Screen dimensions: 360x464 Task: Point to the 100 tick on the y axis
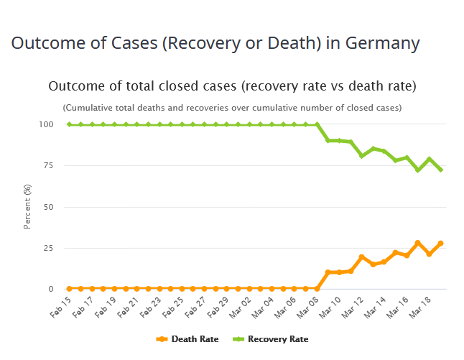pyautogui.click(x=46, y=124)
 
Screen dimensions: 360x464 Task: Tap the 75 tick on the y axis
pyautogui.click(x=48, y=166)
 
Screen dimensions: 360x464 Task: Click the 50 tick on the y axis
pyautogui.click(x=48, y=207)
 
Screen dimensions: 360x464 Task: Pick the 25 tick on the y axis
pyautogui.click(x=48, y=248)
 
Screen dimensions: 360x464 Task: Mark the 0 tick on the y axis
pyautogui.click(x=50, y=289)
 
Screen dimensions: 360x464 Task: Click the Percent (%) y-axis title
pyautogui.click(x=27, y=207)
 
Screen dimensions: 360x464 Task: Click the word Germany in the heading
pyautogui.click(x=382, y=43)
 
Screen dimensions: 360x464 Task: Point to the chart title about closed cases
pyautogui.click(x=232, y=86)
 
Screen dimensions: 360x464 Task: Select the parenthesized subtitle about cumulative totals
pyautogui.click(x=232, y=108)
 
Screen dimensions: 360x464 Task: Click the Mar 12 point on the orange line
pyautogui.click(x=361, y=257)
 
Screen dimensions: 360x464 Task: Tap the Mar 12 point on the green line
pyautogui.click(x=361, y=155)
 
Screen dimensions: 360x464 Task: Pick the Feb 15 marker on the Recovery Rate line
pyautogui.click(x=69, y=124)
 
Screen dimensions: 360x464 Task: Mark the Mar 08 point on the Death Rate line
pyautogui.click(x=317, y=289)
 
